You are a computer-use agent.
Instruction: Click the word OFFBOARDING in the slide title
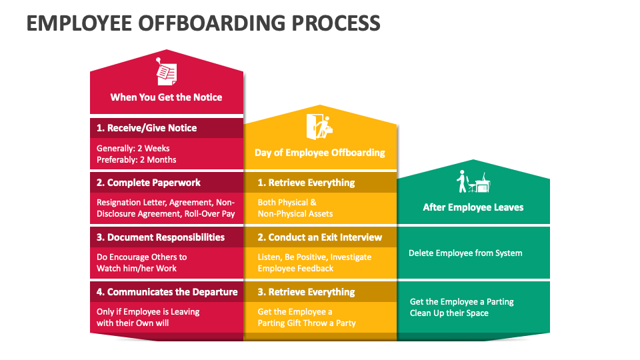pyautogui.click(x=212, y=23)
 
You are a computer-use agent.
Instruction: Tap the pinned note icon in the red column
pyautogui.click(x=167, y=71)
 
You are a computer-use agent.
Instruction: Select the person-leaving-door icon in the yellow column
pyautogui.click(x=319, y=127)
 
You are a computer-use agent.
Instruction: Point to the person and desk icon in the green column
pyautogui.click(x=473, y=181)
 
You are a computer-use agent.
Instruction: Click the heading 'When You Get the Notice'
pyautogui.click(x=166, y=97)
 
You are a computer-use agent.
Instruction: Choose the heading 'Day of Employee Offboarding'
pyautogui.click(x=319, y=153)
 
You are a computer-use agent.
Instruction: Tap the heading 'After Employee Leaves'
pyautogui.click(x=473, y=207)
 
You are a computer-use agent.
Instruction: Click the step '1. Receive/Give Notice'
pyautogui.click(x=147, y=128)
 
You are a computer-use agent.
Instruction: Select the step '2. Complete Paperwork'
pyautogui.click(x=149, y=183)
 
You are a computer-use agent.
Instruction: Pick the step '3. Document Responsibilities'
pyautogui.click(x=161, y=237)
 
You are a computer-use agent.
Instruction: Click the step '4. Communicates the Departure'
pyautogui.click(x=167, y=292)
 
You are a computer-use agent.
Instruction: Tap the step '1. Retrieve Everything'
pyautogui.click(x=306, y=183)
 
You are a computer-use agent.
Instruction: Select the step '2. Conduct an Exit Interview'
pyautogui.click(x=319, y=237)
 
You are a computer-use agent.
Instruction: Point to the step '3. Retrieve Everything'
pyautogui.click(x=306, y=292)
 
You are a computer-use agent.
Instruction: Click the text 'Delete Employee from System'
pyautogui.click(x=465, y=253)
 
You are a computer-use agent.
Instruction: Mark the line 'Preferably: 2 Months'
pyautogui.click(x=136, y=159)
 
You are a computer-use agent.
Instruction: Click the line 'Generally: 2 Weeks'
pyautogui.click(x=133, y=148)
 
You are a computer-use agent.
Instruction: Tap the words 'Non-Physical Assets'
pyautogui.click(x=295, y=213)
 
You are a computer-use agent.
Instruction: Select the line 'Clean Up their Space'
pyautogui.click(x=449, y=313)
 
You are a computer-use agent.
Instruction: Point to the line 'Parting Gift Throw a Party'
pyautogui.click(x=307, y=323)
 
